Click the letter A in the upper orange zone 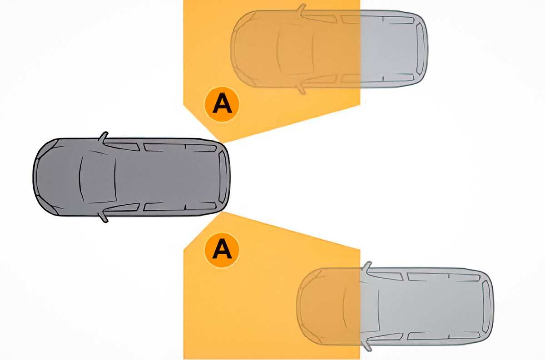coord(222,104)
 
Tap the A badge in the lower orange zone coord(222,250)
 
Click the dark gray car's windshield coord(98,177)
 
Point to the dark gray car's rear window coord(223,177)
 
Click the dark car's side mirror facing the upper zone coord(103,137)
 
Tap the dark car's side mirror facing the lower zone coord(103,217)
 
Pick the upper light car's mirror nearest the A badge coord(301,89)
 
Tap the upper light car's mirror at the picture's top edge coord(301,9)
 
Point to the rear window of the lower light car coord(486,306)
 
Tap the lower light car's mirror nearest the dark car coord(367,267)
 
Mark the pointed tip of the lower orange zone coord(222,212)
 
